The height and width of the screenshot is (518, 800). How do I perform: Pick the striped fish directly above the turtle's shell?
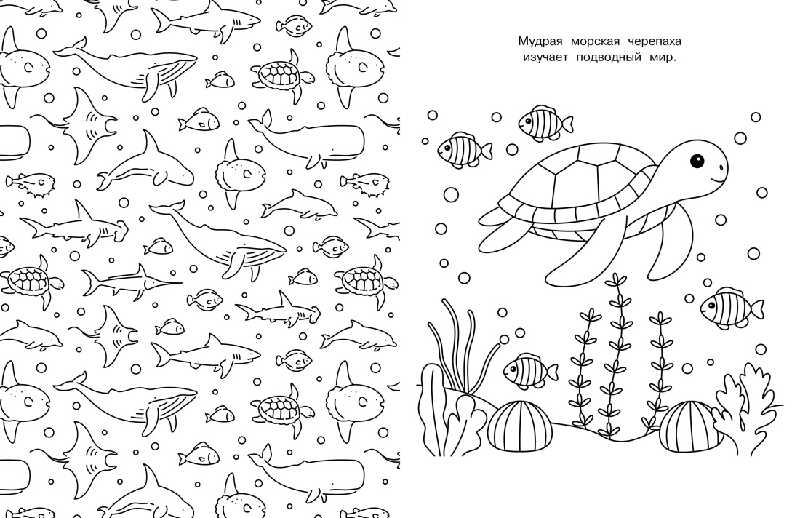point(544,123)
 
